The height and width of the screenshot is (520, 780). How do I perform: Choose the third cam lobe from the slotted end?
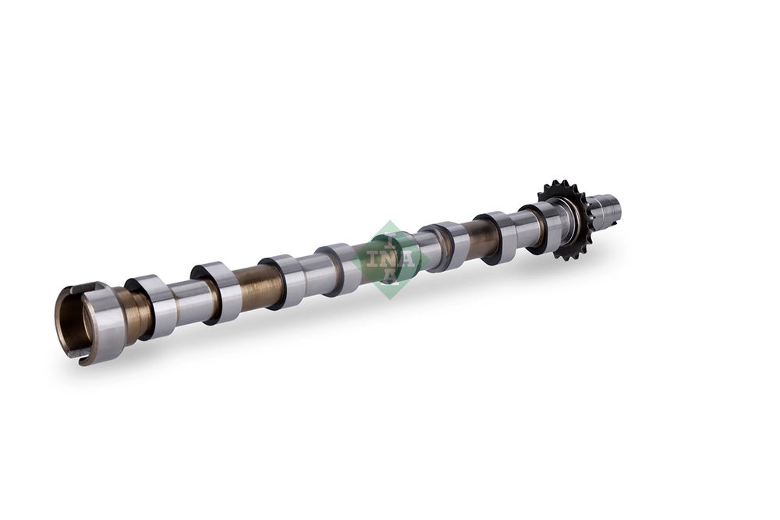click(x=282, y=281)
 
